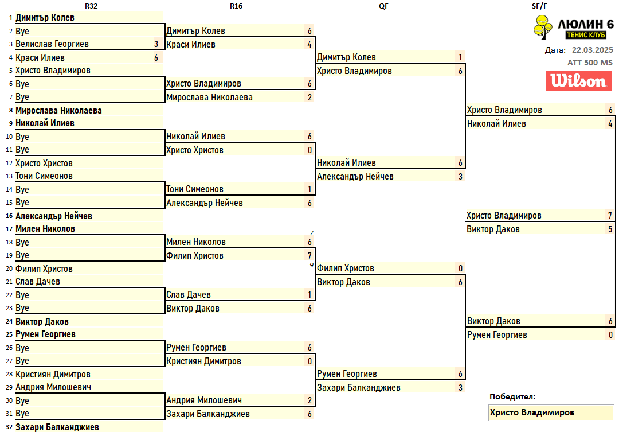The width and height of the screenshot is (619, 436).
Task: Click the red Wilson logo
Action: pyautogui.click(x=579, y=81)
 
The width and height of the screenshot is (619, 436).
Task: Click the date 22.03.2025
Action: pyautogui.click(x=592, y=50)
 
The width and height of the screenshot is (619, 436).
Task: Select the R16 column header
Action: pyautogui.click(x=236, y=6)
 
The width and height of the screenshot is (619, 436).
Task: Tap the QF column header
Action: pyautogui.click(x=383, y=6)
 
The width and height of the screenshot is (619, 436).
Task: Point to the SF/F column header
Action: pyautogui.click(x=539, y=6)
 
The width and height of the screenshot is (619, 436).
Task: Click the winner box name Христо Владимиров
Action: pyautogui.click(x=532, y=412)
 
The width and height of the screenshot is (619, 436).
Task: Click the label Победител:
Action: pyautogui.click(x=512, y=396)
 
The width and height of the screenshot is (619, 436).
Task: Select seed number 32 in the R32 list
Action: pyautogui.click(x=9, y=427)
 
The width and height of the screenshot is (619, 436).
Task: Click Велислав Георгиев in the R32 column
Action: pyautogui.click(x=52, y=44)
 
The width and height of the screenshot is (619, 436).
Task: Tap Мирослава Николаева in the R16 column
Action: pyautogui.click(x=209, y=98)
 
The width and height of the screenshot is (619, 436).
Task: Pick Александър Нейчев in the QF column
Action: pyautogui.click(x=355, y=176)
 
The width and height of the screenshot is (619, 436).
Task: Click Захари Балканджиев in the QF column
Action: pyautogui.click(x=358, y=387)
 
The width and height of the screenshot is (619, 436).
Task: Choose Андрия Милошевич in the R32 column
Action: pyautogui.click(x=53, y=387)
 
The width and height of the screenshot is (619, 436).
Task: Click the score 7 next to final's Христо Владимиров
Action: pyautogui.click(x=610, y=216)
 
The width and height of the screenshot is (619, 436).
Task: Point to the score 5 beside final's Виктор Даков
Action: pyautogui.click(x=610, y=229)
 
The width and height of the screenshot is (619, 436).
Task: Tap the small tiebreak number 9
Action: pyautogui.click(x=311, y=265)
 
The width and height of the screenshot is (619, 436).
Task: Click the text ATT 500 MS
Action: pyautogui.click(x=590, y=63)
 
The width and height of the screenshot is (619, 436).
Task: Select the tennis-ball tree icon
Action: pyautogui.click(x=543, y=28)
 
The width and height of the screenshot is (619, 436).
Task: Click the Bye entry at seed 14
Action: pyautogui.click(x=22, y=189)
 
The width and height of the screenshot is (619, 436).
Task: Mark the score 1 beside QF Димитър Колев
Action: pyautogui.click(x=460, y=57)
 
